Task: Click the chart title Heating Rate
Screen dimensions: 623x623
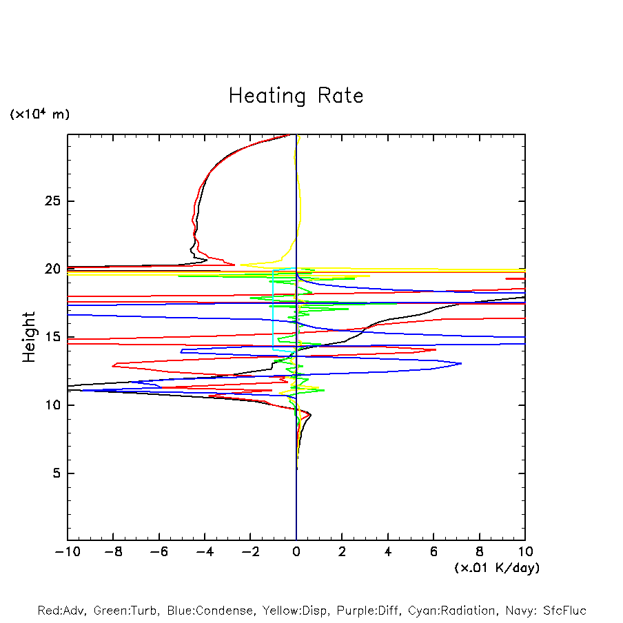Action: pyautogui.click(x=296, y=96)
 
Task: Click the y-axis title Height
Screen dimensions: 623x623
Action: pyautogui.click(x=29, y=337)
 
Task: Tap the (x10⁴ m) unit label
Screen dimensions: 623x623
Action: pyautogui.click(x=39, y=114)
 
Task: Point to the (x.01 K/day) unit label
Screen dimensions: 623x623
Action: pyautogui.click(x=497, y=568)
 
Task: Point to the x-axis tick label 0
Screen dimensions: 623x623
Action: pyautogui.click(x=296, y=552)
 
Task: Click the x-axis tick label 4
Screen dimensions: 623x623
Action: pyautogui.click(x=388, y=552)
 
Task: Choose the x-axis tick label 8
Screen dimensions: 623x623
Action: pyautogui.click(x=480, y=552)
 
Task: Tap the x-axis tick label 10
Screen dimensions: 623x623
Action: pyautogui.click(x=525, y=552)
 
